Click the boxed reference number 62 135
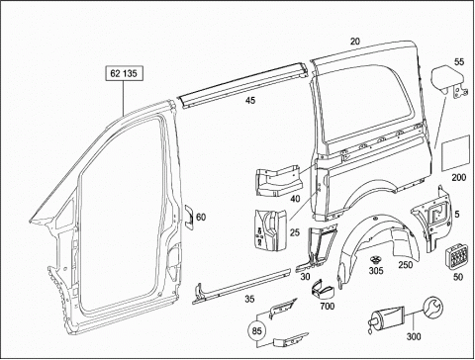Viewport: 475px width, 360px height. coord(124,73)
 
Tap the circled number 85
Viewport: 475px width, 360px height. coord(256,330)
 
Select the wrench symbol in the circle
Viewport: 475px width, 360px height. coord(433,307)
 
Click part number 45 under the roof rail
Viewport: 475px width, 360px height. coord(250,100)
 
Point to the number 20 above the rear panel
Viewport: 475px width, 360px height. coord(355,42)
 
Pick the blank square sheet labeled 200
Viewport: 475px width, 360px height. coord(456,153)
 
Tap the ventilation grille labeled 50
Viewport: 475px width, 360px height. coord(457,257)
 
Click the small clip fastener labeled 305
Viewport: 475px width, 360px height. coord(375,260)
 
